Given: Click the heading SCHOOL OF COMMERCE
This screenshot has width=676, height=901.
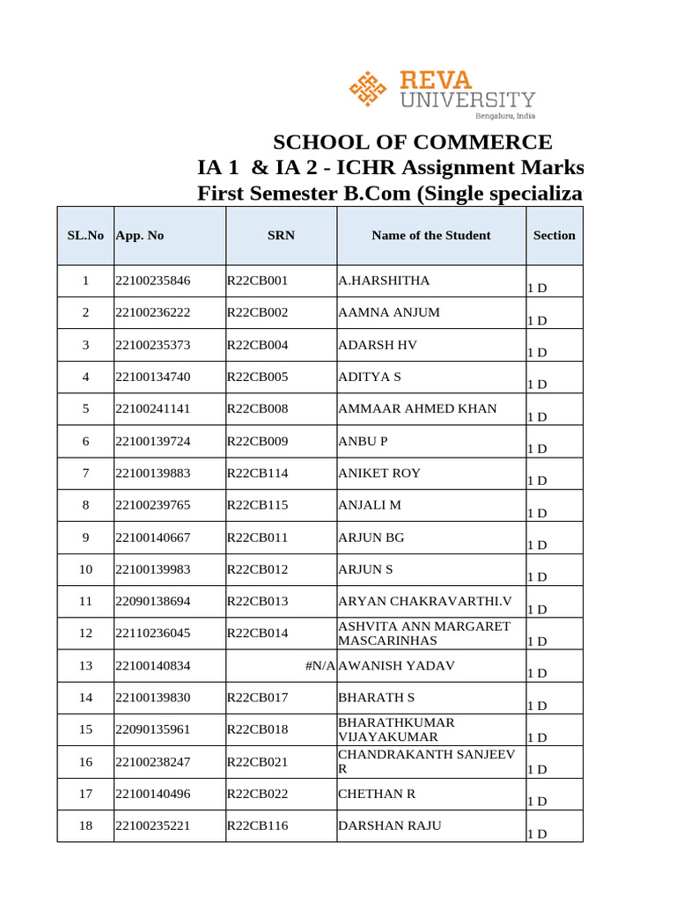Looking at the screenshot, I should coord(412,143).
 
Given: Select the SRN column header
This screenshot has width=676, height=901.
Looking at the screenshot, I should coord(281,235).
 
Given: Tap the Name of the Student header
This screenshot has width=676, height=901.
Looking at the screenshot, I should coord(431,235).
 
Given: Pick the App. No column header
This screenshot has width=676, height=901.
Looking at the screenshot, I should coord(139,235).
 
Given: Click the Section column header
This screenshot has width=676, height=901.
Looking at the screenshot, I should coord(554,235).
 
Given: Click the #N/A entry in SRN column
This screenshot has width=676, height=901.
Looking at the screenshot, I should coord(320,665).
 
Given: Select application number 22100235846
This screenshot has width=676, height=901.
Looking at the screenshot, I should coord(152,281).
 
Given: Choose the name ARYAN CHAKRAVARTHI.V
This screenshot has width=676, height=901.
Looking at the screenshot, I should coord(425,602).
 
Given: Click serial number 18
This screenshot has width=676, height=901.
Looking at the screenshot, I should coord(85,826).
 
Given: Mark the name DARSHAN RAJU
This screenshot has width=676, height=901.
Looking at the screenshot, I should coord(390,825).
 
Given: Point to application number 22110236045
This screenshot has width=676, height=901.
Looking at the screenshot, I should coord(152,634).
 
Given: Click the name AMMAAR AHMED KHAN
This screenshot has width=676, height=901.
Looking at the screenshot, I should coord(417,409).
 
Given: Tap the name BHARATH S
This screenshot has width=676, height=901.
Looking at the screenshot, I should coord(376,698).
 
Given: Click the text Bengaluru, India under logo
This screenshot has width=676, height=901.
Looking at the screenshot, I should coord(504,115).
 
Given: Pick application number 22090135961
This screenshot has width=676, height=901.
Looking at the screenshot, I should coord(152,729).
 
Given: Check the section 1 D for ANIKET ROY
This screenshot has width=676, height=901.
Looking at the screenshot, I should coord(537,480).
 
